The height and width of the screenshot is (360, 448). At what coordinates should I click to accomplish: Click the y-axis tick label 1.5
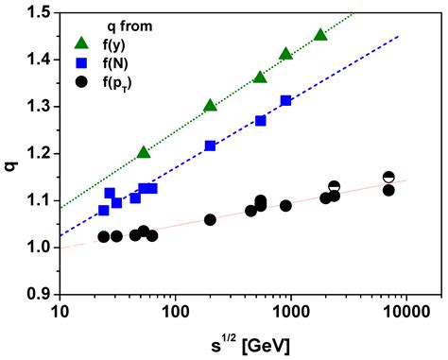click(x=38, y=12)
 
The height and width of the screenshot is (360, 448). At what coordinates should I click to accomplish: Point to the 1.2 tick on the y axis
click(x=38, y=153)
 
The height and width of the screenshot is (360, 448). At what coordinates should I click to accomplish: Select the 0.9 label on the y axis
click(x=38, y=294)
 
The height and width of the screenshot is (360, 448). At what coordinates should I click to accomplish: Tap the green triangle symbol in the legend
click(x=83, y=43)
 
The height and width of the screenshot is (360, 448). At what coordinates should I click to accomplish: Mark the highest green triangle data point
click(x=320, y=34)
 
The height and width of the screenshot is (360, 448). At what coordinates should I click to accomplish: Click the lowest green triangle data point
click(x=144, y=152)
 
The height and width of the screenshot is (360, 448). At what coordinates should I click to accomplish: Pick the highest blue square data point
click(x=285, y=100)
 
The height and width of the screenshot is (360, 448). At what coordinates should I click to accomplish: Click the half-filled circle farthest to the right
click(x=388, y=177)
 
